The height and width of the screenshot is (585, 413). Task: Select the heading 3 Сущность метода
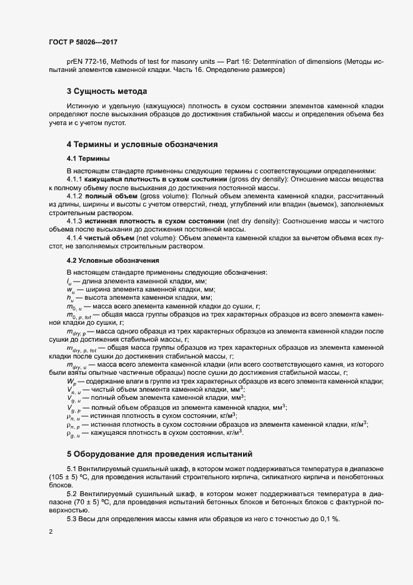click(x=107, y=92)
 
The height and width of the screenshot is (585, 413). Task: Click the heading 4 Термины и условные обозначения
click(x=142, y=145)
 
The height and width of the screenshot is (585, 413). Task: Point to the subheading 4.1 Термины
click(x=87, y=158)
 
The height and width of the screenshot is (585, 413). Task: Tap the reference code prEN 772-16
click(x=87, y=62)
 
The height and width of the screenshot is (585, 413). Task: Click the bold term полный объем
click(x=112, y=196)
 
